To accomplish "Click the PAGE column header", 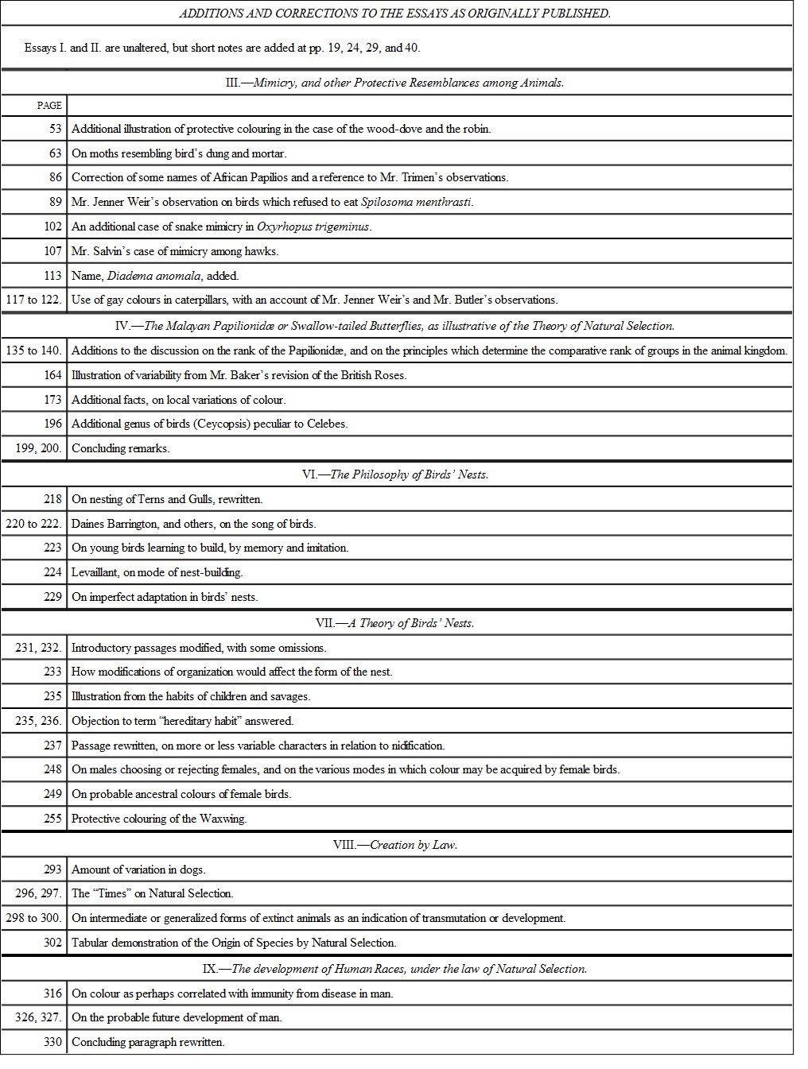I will [x=49, y=105].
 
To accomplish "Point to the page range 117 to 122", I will [x=33, y=300].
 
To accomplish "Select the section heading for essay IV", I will [x=395, y=325].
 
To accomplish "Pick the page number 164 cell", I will [x=52, y=375].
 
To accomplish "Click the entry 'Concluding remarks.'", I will [x=120, y=448].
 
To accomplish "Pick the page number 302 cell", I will [x=52, y=943].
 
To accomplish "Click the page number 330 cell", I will [x=52, y=1042].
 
